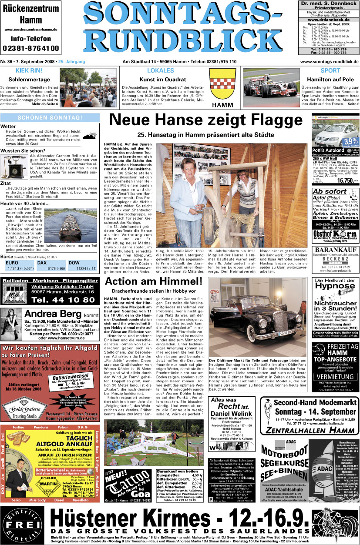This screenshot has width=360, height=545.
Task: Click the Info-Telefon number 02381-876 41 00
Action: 31,48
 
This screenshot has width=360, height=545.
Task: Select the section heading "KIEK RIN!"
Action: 29,70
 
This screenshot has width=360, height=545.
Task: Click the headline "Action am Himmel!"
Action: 154,281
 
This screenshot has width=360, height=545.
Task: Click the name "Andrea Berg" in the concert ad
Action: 53,314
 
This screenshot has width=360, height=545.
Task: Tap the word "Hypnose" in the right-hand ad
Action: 336,287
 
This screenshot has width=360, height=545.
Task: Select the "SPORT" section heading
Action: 330,70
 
